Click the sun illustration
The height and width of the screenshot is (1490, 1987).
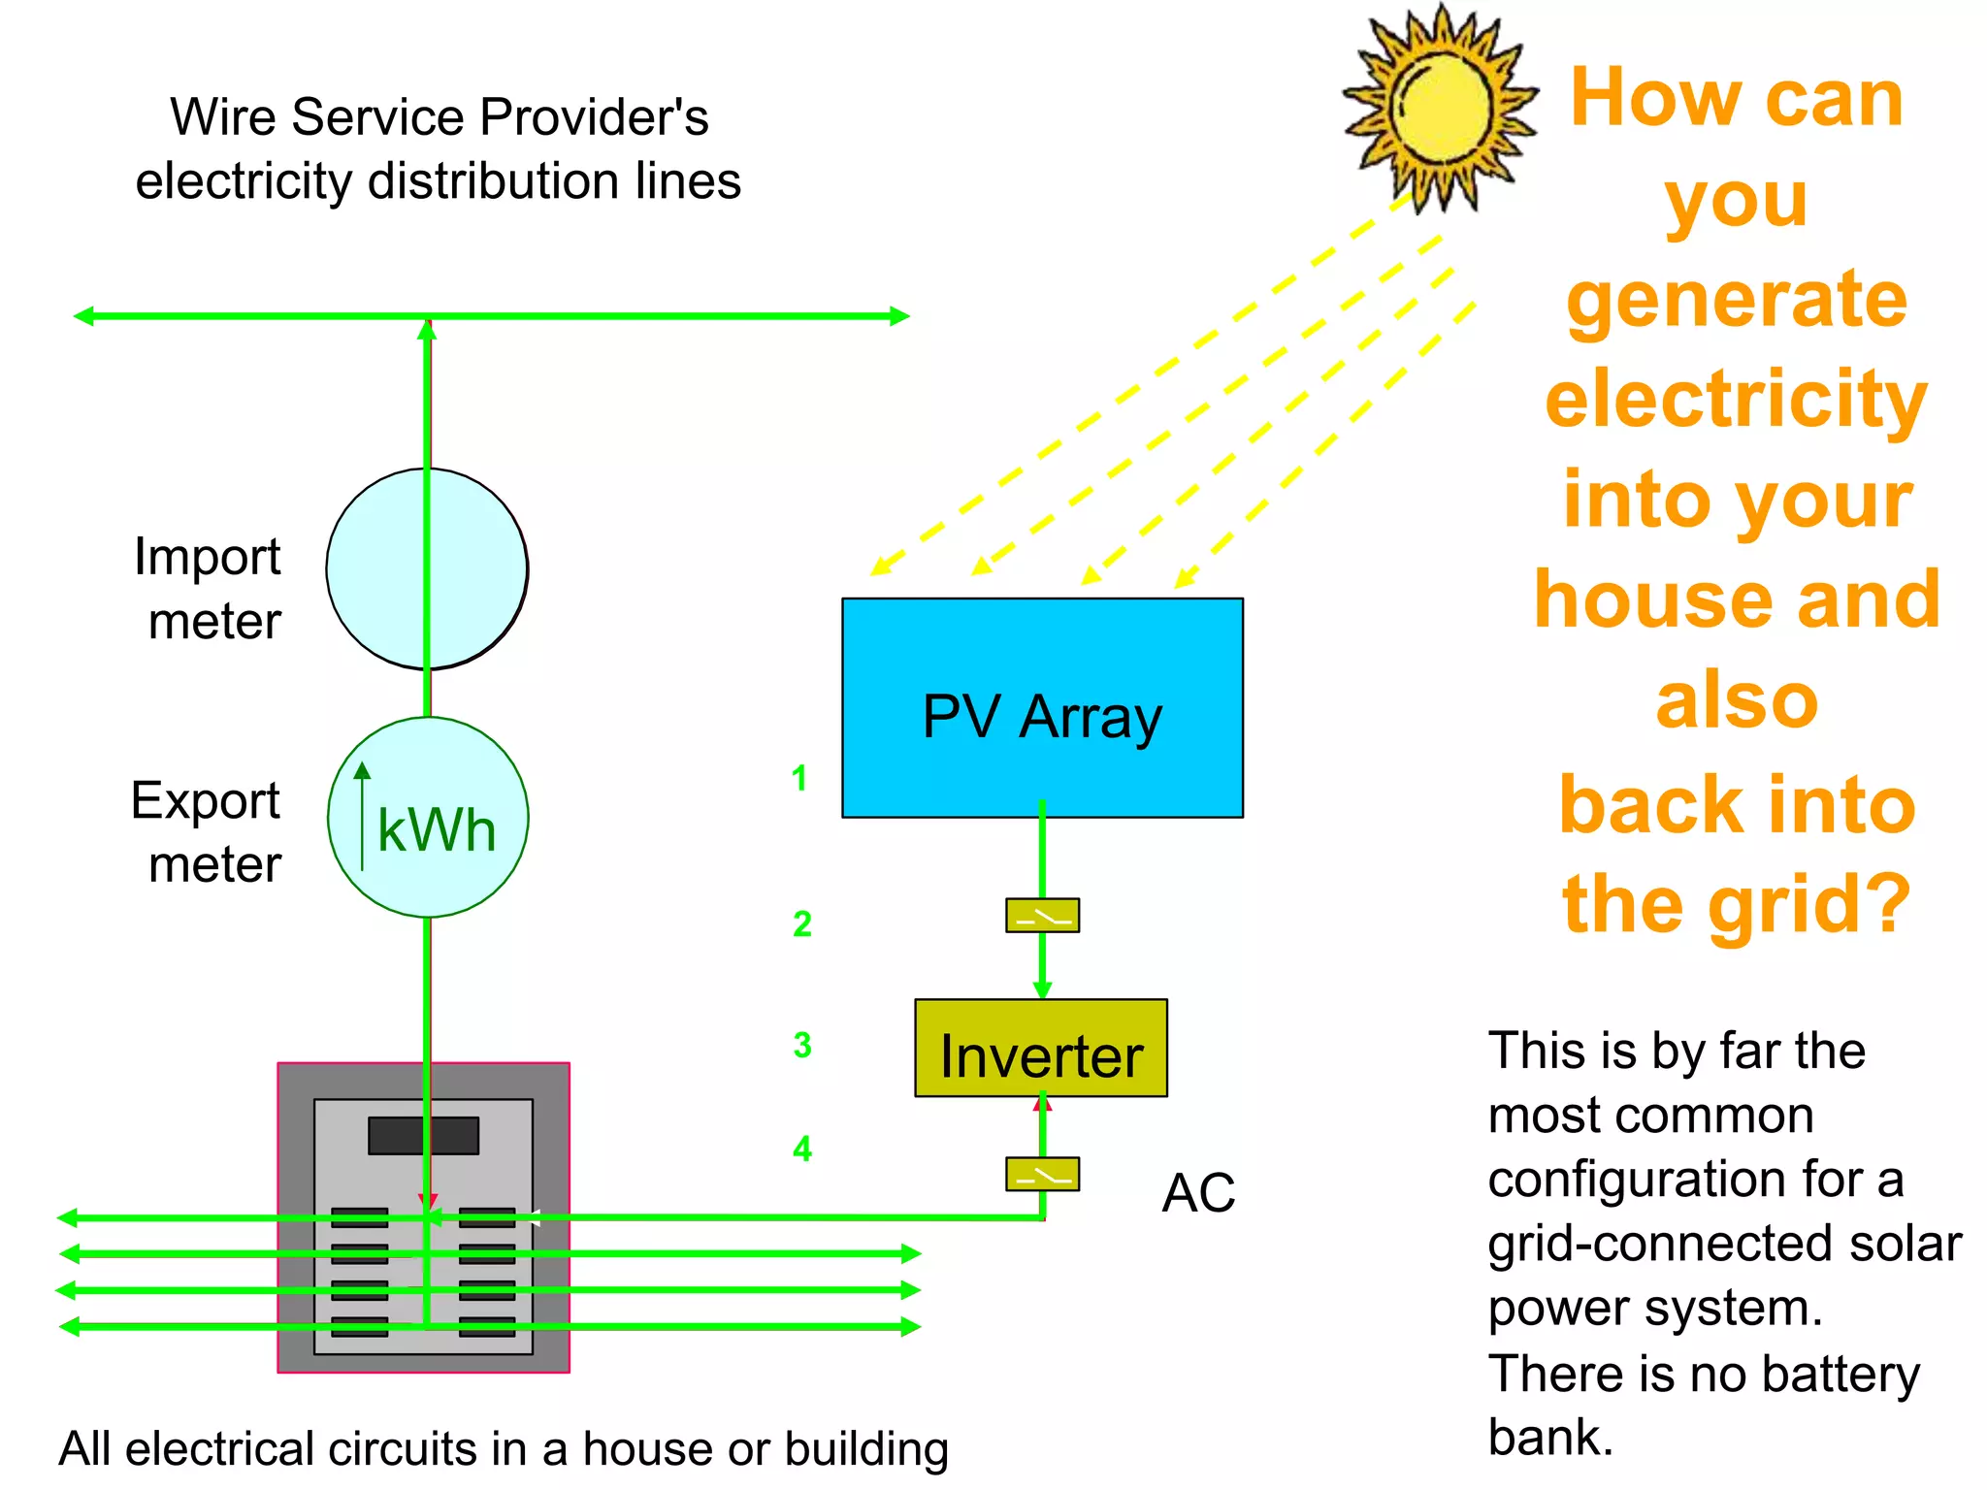[1440, 107]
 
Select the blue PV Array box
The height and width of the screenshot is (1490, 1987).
[1042, 707]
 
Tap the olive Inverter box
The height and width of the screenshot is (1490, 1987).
[1041, 1049]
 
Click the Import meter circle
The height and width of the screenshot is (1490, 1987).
[427, 569]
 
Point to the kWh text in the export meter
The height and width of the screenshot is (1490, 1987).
[437, 830]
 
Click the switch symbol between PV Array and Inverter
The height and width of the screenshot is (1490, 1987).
[1042, 916]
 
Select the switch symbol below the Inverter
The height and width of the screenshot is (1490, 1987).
[1042, 1175]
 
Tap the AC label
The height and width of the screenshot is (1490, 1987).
[1198, 1193]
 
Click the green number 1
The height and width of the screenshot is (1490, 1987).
[798, 778]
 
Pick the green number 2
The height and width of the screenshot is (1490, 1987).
[801, 923]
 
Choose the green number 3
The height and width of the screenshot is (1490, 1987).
[801, 1045]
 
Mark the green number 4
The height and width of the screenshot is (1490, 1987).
[801, 1149]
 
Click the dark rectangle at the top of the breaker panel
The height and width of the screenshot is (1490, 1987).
[423, 1136]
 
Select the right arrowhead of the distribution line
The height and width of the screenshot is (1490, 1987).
[899, 315]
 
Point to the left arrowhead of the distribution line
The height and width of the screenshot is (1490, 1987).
[84, 315]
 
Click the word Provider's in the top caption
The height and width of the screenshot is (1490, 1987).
[594, 117]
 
